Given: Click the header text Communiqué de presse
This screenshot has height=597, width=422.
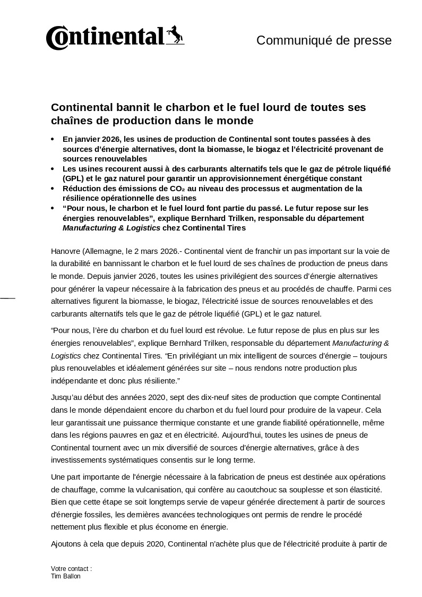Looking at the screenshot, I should point(324,40).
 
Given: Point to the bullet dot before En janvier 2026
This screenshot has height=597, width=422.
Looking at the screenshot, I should point(53,139).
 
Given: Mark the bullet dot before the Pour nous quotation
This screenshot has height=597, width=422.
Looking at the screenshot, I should point(53,209).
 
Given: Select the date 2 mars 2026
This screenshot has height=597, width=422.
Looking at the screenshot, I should point(150,251).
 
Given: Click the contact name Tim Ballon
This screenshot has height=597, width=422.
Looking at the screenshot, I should point(66,576).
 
